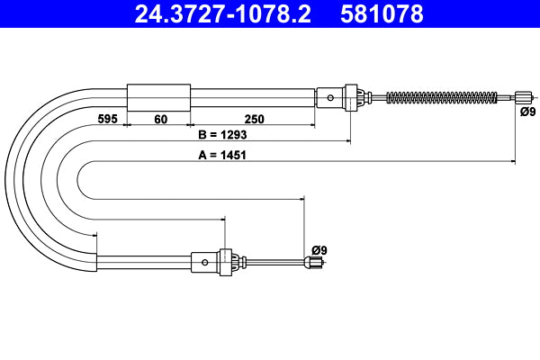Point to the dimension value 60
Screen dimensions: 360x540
[x=159, y=118]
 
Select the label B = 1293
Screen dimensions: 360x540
[x=222, y=135]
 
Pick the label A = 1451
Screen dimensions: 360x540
[x=222, y=154]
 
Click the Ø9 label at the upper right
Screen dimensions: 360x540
[x=528, y=112]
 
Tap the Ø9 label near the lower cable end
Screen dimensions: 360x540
[x=319, y=249]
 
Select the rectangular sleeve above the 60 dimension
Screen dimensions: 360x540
[x=159, y=96]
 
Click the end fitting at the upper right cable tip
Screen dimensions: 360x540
[x=522, y=96]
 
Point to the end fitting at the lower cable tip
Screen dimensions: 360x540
[x=314, y=263]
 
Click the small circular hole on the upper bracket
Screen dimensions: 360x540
[x=331, y=96]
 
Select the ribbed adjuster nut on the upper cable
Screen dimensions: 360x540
[x=355, y=96]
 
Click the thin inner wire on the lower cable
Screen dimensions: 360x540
[x=274, y=263]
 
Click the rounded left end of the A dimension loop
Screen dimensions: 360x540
[x=80, y=180]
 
